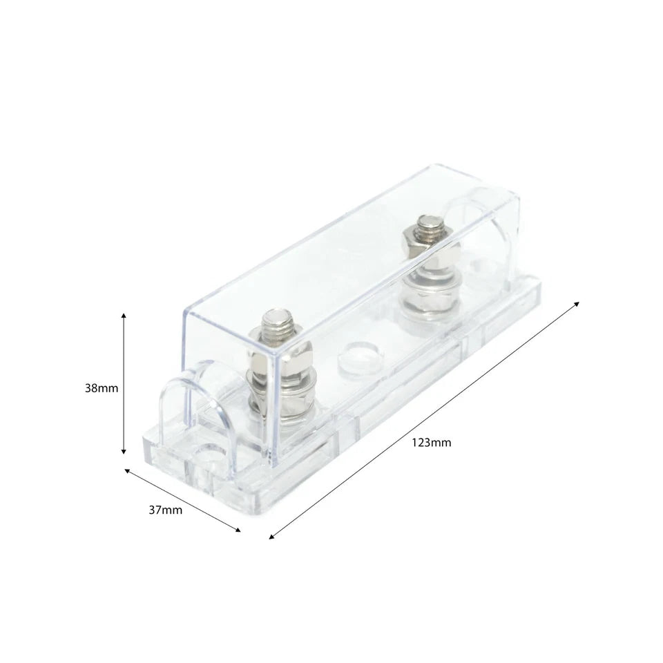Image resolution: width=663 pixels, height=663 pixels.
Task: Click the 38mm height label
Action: point(102,388)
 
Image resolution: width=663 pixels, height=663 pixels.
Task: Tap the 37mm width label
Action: point(165,510)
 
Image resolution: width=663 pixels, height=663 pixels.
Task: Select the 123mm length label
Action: point(431,443)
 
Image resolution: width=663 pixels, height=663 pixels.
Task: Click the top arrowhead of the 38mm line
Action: point(124,316)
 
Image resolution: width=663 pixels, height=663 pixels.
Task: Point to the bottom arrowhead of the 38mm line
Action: point(124,452)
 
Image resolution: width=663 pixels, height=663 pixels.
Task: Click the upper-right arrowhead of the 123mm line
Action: point(576,304)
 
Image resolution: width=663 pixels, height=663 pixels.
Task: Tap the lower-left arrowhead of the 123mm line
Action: point(271,537)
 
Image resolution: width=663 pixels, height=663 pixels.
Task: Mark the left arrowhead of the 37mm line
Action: point(127,470)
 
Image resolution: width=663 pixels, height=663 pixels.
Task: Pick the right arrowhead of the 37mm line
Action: point(238,530)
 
